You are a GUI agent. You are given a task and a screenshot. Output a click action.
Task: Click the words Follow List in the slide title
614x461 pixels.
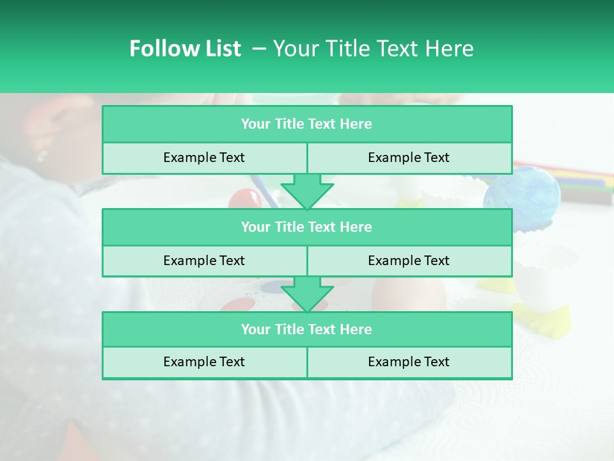[x=185, y=49]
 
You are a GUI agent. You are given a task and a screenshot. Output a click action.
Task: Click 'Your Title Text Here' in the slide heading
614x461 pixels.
[x=373, y=49]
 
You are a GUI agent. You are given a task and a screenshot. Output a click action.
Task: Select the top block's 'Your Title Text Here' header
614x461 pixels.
[x=306, y=124]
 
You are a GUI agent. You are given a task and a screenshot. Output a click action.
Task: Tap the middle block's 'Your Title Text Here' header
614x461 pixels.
[x=306, y=227]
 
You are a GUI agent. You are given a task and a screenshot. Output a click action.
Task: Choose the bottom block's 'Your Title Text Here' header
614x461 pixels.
[x=306, y=329]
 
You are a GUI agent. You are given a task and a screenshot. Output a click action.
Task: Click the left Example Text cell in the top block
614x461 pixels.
[x=204, y=158]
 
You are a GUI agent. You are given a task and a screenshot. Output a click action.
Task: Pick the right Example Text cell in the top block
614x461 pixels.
[x=409, y=158]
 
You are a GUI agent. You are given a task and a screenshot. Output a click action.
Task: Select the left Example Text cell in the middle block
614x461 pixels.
[x=204, y=261]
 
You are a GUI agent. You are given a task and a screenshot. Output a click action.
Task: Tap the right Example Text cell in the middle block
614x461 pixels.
[x=409, y=261]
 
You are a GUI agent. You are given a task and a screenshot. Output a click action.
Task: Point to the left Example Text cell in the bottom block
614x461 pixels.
[x=204, y=362]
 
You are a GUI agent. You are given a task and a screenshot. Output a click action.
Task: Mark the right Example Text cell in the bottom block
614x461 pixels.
[x=409, y=362]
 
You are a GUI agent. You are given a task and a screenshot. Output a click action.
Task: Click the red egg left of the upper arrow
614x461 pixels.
[x=244, y=198]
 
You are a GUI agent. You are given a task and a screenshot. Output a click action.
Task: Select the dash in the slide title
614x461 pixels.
[x=259, y=49]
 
